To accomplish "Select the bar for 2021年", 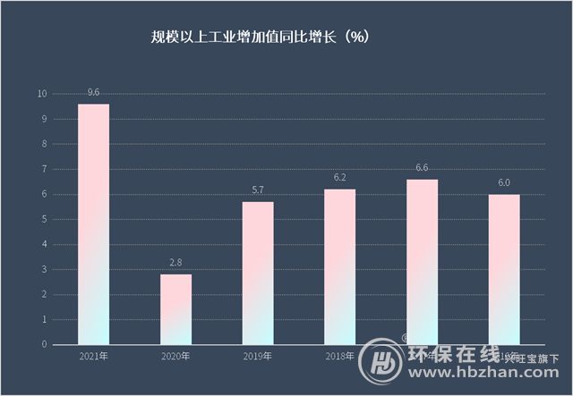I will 93,223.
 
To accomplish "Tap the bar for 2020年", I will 175,308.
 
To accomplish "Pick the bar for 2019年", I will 258,273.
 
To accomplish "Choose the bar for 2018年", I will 340,266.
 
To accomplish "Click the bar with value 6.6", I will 423,259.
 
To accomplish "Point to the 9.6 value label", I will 93,92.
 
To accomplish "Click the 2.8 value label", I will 175,262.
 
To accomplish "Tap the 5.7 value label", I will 258,190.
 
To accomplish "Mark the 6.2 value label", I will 340,177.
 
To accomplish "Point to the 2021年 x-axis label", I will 93,357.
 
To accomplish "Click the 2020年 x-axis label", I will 175,357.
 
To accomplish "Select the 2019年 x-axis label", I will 258,357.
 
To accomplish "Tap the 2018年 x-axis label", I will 340,357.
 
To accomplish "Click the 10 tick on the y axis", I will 42,94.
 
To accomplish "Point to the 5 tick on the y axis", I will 44,219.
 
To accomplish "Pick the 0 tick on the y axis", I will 44,344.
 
